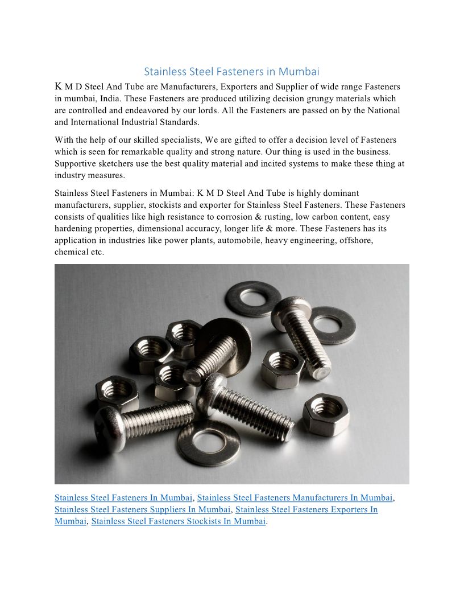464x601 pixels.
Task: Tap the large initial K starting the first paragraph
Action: click(58, 87)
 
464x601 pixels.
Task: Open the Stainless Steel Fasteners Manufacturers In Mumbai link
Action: click(295, 498)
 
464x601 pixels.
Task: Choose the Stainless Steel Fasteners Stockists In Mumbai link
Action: click(178, 521)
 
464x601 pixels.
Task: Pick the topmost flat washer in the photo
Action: click(252, 297)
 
